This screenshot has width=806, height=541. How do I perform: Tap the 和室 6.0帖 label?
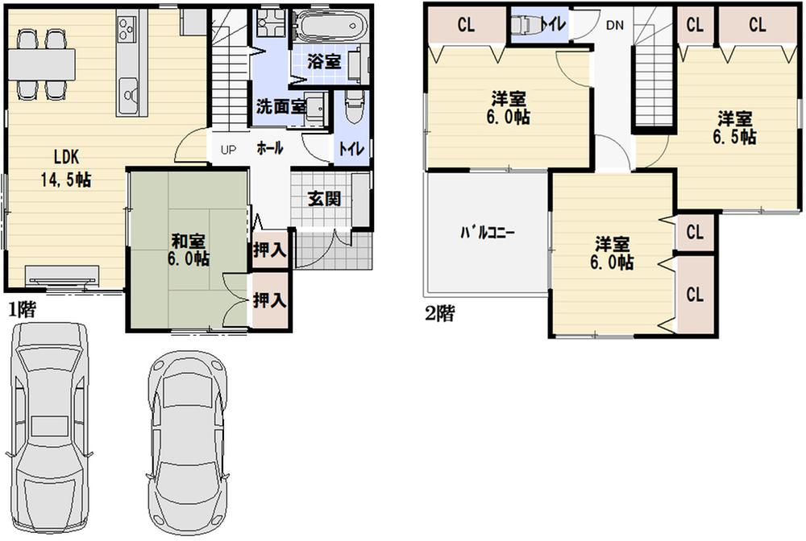190,249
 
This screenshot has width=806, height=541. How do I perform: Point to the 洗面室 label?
279,105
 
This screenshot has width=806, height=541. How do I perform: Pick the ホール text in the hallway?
269,149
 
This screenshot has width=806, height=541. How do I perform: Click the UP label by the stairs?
228,150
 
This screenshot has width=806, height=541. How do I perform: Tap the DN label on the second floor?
614,25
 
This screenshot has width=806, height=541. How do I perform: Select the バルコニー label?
488,233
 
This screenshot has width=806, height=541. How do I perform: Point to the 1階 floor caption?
22,308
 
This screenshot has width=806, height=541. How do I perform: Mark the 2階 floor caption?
438,314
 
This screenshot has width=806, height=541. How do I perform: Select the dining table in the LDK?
42,62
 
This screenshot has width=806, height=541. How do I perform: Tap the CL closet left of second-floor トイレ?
466,25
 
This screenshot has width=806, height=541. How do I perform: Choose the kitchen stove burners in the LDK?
128,31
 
